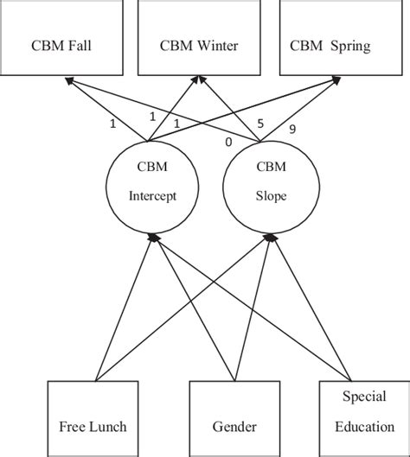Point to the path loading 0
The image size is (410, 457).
227,141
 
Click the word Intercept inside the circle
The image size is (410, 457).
152,196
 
